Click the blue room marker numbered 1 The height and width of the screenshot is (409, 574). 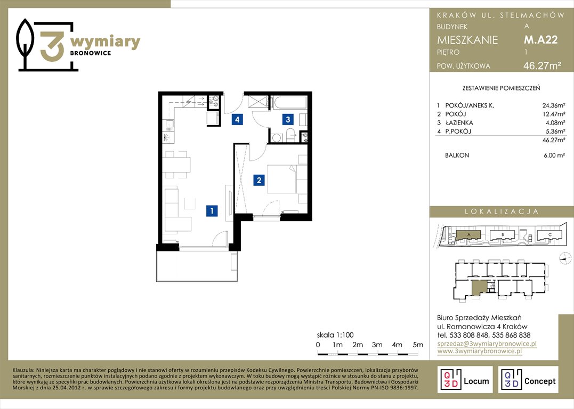tap(212, 211)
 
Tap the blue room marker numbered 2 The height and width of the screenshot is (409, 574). tap(259, 180)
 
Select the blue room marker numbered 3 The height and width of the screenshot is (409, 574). tap(288, 119)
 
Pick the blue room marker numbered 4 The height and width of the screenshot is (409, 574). tap(237, 119)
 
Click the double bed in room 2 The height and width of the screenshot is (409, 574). tap(282, 179)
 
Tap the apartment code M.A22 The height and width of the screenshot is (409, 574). tap(540, 39)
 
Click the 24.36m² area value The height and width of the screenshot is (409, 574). tap(554, 105)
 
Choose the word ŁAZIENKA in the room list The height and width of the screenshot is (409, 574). tap(459, 122)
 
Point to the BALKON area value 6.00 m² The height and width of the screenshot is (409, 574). tap(554, 155)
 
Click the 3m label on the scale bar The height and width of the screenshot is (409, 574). tap(377, 345)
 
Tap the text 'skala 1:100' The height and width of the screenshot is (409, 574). tap(335, 335)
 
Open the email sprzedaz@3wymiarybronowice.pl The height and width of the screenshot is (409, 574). tap(487, 343)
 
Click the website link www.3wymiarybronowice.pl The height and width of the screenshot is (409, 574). tap(479, 351)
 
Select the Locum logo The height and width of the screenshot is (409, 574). tap(465, 380)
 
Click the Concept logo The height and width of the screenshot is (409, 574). tap(528, 380)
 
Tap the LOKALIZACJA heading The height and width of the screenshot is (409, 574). tap(502, 211)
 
